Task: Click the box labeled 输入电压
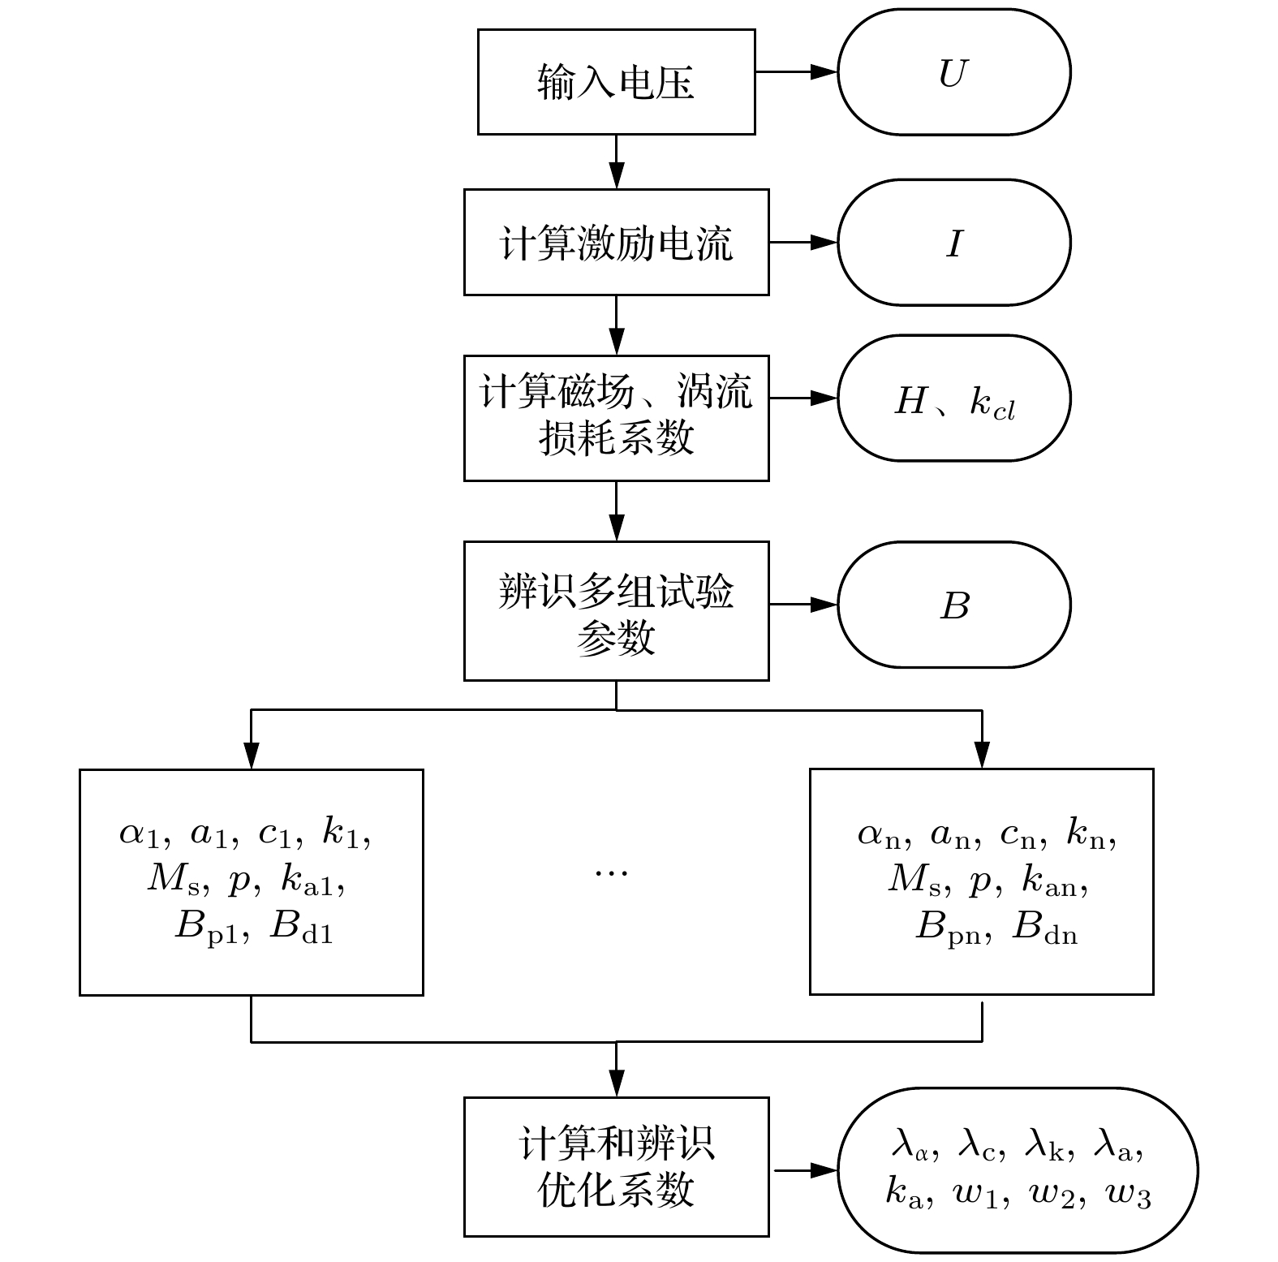(x=616, y=82)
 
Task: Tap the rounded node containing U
(x=953, y=73)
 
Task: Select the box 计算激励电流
(x=616, y=242)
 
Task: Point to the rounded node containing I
(x=953, y=243)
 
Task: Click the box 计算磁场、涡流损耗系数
(x=616, y=417)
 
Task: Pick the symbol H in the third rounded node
(x=911, y=400)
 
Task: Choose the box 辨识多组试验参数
(x=616, y=610)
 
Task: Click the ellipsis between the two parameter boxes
(x=611, y=873)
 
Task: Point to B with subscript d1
(x=301, y=926)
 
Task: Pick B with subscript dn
(x=1045, y=926)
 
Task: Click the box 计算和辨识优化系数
(x=616, y=1166)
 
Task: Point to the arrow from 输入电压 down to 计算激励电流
(x=617, y=162)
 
